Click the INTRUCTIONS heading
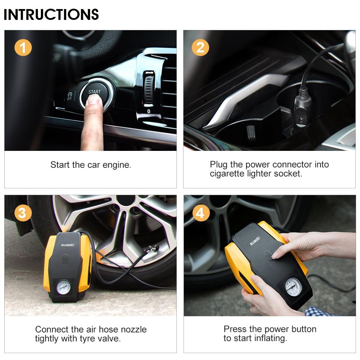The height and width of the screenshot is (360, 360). [51, 14]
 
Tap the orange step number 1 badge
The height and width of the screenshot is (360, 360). [23, 48]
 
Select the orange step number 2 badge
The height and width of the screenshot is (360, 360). [200, 47]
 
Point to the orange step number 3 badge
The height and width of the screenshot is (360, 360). [23, 213]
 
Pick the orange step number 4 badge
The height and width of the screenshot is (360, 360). [201, 213]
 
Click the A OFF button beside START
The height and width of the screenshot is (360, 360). [69, 96]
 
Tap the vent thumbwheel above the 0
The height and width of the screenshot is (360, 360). [149, 88]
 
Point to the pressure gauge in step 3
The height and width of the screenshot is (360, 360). [64, 287]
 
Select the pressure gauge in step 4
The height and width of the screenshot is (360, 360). [293, 287]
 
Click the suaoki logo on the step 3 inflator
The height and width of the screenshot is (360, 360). [68, 245]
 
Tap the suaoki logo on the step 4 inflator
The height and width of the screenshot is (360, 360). [255, 241]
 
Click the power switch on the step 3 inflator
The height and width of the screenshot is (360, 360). [65, 259]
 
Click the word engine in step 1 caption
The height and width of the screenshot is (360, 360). [117, 165]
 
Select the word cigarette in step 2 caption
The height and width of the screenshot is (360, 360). [227, 174]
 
